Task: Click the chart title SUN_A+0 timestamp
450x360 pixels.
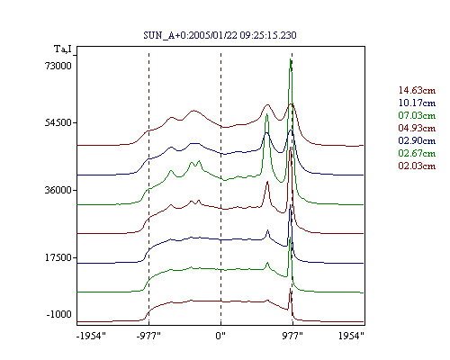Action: click(x=220, y=35)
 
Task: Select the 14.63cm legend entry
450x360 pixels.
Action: click(x=417, y=90)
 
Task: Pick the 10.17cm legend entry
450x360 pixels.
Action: click(x=417, y=103)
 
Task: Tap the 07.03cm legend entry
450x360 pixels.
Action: click(x=417, y=115)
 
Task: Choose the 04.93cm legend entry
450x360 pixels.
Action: click(x=417, y=128)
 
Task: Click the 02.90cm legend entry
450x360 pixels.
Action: click(x=417, y=140)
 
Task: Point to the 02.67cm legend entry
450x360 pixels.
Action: click(x=417, y=153)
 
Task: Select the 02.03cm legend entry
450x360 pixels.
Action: click(x=417, y=166)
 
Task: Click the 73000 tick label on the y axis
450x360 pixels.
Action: click(x=58, y=66)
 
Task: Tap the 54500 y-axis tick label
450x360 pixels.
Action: click(x=58, y=122)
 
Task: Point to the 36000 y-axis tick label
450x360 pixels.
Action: click(x=58, y=190)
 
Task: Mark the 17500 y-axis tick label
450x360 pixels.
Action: click(x=58, y=257)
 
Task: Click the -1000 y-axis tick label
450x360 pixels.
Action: click(x=59, y=314)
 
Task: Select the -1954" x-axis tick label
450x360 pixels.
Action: click(x=91, y=336)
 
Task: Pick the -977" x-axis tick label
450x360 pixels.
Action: click(x=148, y=336)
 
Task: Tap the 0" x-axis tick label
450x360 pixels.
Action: click(x=220, y=336)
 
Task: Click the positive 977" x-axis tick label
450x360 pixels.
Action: click(x=292, y=336)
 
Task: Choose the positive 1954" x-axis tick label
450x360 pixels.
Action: click(x=351, y=336)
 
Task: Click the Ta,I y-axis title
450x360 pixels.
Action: click(x=63, y=49)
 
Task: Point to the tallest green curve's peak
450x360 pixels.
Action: click(x=290, y=59)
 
